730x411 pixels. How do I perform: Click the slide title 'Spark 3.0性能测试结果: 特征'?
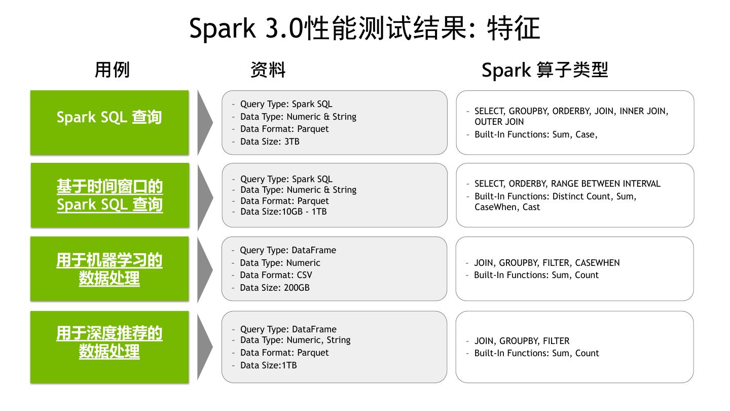click(x=364, y=28)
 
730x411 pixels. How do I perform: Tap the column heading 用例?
click(x=112, y=70)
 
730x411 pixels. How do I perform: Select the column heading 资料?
click(x=268, y=70)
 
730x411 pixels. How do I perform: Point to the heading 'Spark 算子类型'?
click(x=544, y=70)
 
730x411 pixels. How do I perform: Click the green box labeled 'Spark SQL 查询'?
click(x=109, y=122)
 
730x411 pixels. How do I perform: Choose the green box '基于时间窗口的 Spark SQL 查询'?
click(x=109, y=195)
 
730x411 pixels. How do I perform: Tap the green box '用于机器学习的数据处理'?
click(x=109, y=269)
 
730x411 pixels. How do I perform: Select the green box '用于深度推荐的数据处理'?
click(x=109, y=347)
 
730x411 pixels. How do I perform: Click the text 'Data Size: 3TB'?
click(x=270, y=142)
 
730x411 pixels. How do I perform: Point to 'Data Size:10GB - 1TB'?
click(x=283, y=212)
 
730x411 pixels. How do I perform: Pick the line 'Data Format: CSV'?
click(x=276, y=275)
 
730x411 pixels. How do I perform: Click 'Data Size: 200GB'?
click(x=275, y=288)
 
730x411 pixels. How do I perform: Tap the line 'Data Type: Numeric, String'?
click(x=295, y=340)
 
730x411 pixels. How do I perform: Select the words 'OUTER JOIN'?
click(x=499, y=122)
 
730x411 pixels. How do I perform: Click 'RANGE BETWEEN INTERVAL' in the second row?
click(x=606, y=184)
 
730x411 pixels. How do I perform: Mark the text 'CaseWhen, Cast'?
click(x=507, y=207)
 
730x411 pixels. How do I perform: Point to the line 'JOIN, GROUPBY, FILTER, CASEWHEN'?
click(x=546, y=263)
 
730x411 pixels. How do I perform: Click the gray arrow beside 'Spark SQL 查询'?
click(x=204, y=122)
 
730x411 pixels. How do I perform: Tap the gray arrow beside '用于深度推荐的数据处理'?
click(x=204, y=347)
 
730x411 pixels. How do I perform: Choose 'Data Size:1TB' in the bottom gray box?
click(x=268, y=365)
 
